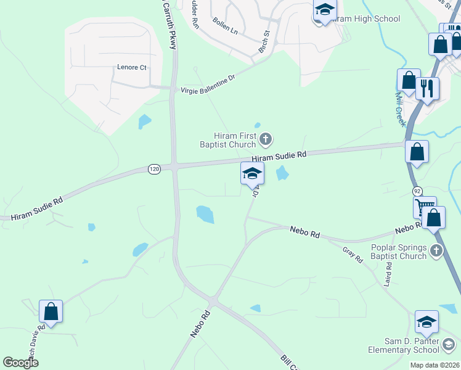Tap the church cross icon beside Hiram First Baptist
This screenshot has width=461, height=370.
(266, 139)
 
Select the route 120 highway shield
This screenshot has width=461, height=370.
(154, 168)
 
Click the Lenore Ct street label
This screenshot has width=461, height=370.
(131, 67)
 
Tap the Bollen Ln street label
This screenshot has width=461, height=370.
(224, 29)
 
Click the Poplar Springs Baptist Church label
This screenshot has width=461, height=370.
(399, 252)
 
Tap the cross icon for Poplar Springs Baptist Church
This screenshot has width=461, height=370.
(436, 250)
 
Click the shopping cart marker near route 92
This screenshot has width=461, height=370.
(425, 207)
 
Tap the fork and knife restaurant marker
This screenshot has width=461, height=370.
(427, 88)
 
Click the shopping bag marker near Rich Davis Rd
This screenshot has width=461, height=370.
(51, 311)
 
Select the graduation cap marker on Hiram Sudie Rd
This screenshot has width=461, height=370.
(252, 173)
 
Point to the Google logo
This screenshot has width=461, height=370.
(21, 363)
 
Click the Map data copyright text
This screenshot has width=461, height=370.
(434, 365)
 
